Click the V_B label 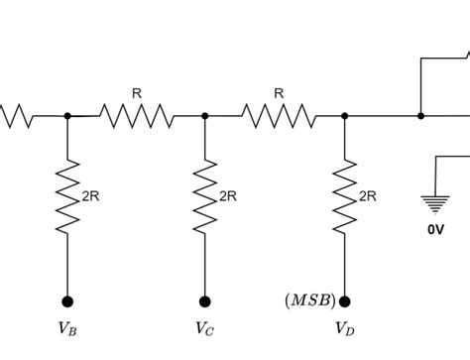pos(67,327)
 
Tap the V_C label pos(204,327)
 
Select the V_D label pos(344,327)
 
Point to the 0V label pos(435,229)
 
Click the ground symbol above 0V pos(435,203)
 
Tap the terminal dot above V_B pos(67,300)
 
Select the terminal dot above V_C pos(205,300)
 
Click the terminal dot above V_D pos(345,300)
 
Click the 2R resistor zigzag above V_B pos(67,196)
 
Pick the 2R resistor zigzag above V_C pos(205,196)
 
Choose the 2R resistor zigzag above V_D pos(345,196)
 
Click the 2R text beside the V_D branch pos(368,196)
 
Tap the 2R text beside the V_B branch pos(90,196)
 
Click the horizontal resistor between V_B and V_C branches pos(137,116)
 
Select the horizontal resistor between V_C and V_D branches pos(279,116)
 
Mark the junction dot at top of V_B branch pos(67,116)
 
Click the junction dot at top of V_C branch pos(205,116)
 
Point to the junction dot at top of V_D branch pos(345,116)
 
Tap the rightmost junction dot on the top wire pos(421,116)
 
